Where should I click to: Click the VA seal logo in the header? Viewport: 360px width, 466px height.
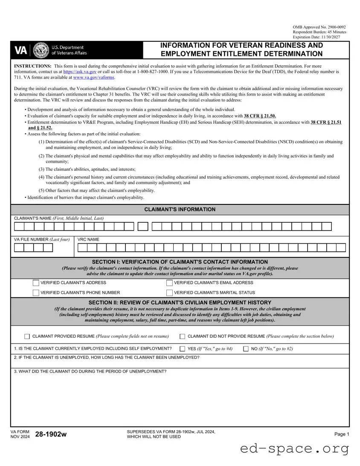(41, 50)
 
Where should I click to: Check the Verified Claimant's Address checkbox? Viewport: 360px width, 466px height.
(36, 283)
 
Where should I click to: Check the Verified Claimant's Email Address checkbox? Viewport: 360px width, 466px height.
(169, 283)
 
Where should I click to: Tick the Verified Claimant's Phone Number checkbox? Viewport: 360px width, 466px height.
(36, 293)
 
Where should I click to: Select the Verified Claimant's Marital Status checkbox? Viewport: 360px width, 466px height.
(169, 293)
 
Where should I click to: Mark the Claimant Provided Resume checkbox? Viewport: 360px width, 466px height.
(27, 336)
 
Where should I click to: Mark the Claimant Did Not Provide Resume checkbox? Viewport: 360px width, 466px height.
(183, 336)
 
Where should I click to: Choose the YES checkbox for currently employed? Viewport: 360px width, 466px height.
(183, 349)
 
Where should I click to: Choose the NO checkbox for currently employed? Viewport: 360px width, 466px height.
(246, 349)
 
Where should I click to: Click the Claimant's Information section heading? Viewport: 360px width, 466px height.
(180, 210)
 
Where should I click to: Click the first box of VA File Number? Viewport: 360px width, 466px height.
(19, 248)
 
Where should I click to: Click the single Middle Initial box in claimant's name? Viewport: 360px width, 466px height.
(143, 227)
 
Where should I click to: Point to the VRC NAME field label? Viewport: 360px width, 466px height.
(88, 239)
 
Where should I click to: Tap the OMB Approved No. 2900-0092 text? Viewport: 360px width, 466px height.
(319, 27)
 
